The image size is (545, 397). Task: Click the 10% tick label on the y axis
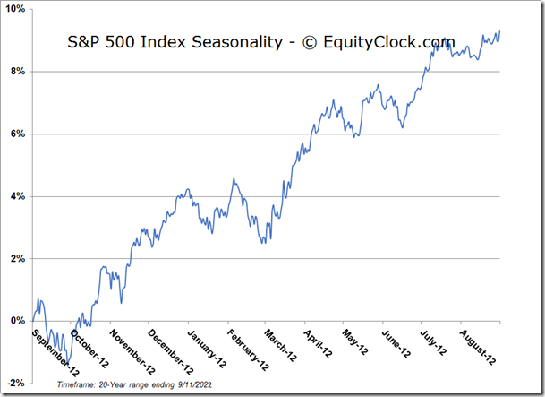pyautogui.click(x=16, y=9)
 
